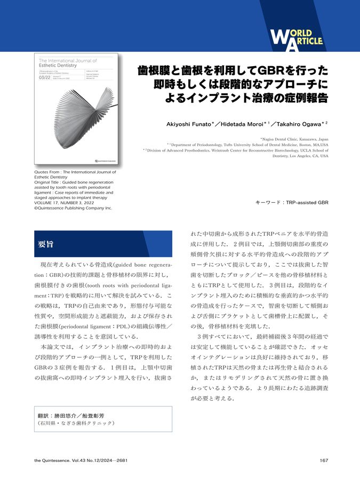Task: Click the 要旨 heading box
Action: (x=103, y=244)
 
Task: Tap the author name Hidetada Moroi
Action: (x=245, y=124)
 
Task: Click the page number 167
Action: (x=324, y=461)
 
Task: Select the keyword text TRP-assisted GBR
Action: (x=308, y=203)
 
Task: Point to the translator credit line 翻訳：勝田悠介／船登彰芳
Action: (x=73, y=415)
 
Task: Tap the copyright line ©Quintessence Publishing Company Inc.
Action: (x=73, y=208)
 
